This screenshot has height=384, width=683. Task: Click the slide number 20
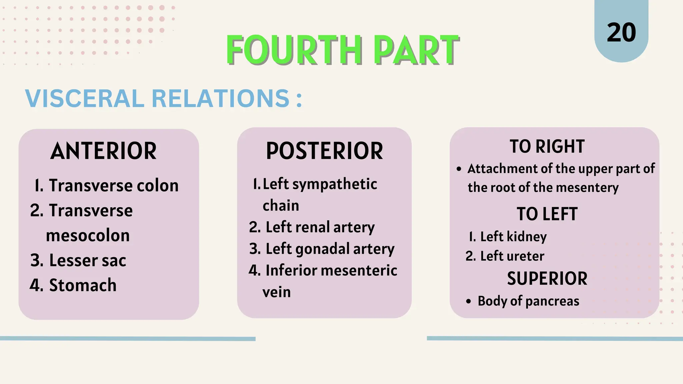pos(621,33)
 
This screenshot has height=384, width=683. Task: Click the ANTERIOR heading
pos(103,151)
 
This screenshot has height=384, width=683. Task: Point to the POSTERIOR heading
pos(324,151)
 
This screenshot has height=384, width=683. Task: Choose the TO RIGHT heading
pos(547,147)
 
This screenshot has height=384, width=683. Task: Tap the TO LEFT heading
pos(547,214)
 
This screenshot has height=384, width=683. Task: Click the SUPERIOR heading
pos(547,279)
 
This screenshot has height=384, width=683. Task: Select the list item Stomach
pos(83,285)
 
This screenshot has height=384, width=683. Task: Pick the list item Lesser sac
pos(87,260)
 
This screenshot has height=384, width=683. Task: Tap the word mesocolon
pos(88,236)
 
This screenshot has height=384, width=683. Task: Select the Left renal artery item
pos(320,227)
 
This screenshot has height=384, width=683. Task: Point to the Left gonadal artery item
pos(330,249)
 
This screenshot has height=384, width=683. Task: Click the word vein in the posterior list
pos(276,292)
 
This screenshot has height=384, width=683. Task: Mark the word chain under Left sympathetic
pos(281,206)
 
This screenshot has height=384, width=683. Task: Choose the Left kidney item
pos(513,237)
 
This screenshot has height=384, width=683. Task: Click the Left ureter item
pos(512,256)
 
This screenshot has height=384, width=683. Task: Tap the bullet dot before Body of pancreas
pos(469,302)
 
